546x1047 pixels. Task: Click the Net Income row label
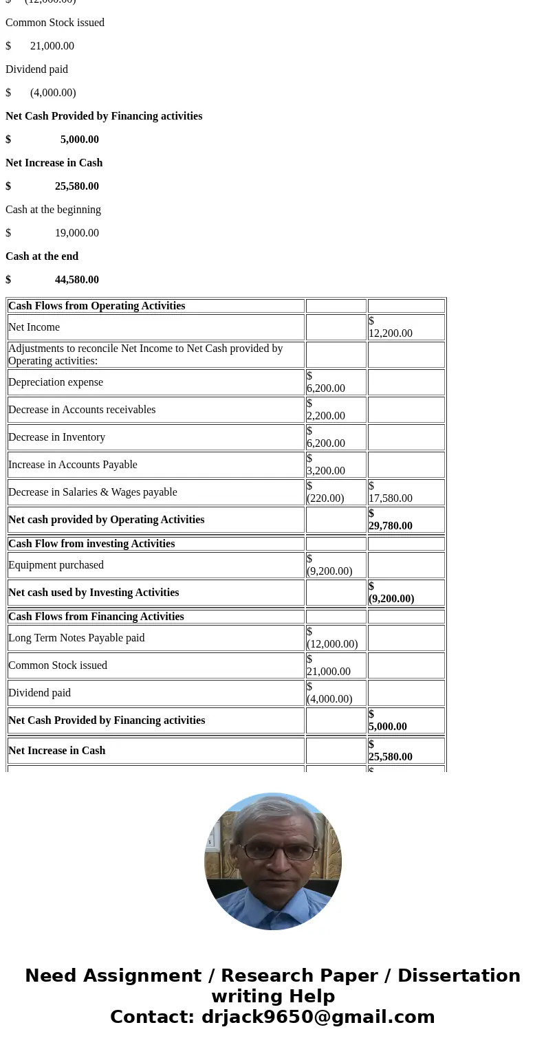34,327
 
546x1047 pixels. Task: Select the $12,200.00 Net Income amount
390,327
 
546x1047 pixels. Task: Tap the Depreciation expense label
56,382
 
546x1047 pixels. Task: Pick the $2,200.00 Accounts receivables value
326,410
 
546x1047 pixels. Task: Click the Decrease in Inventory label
56,437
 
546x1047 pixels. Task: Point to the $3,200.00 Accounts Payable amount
326,465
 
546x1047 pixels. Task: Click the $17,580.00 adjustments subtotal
390,492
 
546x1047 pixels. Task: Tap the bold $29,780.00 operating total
390,520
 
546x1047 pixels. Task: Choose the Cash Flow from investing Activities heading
91,544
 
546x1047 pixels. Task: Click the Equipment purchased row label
56,565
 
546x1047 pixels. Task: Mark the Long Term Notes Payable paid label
76,638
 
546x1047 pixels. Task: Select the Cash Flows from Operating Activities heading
96,306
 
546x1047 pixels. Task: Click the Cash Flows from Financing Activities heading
96,617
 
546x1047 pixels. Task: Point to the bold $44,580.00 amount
76,280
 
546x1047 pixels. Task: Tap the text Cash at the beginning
53,210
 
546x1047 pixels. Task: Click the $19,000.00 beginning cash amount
76,233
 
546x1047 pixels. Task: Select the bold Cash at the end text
42,256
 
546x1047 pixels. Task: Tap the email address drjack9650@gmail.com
318,1017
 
